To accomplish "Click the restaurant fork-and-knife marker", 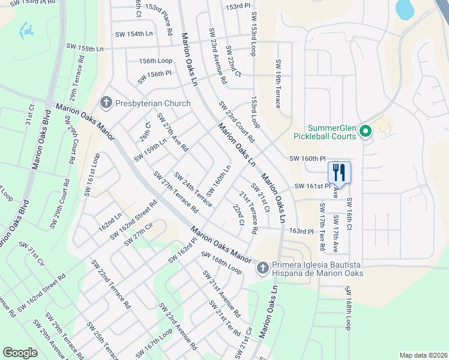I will click(x=339, y=172).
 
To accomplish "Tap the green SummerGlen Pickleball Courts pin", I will click(x=364, y=130).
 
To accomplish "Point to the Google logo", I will click(x=20, y=352).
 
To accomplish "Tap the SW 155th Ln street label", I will click(x=85, y=47).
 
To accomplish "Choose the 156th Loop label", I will click(x=155, y=61).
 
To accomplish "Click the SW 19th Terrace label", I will click(x=278, y=84).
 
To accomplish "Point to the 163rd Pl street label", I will click(x=301, y=230).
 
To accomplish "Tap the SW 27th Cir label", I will click(x=135, y=235).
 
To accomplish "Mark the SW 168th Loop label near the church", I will click(x=221, y=263).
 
